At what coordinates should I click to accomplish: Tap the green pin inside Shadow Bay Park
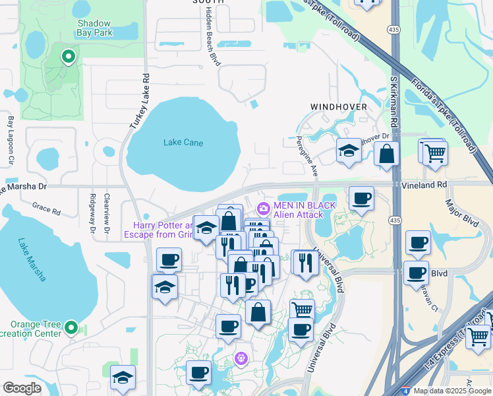(67, 57)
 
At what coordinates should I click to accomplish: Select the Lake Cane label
(183, 143)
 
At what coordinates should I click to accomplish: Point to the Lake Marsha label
(32, 259)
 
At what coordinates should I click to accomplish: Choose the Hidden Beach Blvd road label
(212, 36)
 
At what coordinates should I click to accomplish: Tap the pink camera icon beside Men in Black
(263, 209)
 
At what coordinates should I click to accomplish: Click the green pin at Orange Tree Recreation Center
(71, 327)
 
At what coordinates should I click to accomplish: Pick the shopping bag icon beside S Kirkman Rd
(386, 154)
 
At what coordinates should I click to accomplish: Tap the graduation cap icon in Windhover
(349, 151)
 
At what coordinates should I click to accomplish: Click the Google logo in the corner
(22, 388)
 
